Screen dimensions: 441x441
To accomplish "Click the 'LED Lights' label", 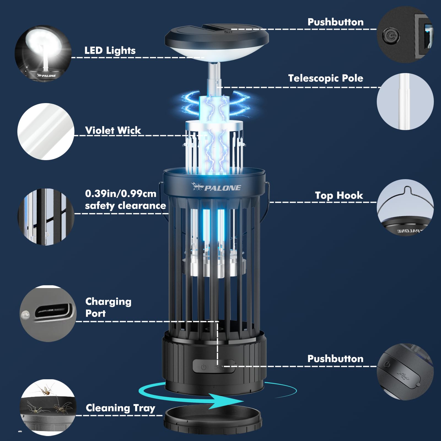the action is click(110, 50).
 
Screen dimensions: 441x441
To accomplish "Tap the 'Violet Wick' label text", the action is click(113, 130).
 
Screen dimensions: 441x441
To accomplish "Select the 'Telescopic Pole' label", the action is click(326, 78).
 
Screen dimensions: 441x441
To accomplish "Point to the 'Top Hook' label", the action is click(339, 195).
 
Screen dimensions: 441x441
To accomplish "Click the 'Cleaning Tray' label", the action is click(120, 408).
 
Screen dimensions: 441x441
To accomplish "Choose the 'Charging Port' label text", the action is click(108, 307).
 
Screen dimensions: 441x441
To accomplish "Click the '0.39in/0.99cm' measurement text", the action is click(121, 193).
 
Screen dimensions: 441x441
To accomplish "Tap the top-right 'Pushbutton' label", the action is click(335, 22).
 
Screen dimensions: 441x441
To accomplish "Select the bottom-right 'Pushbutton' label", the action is click(335, 359).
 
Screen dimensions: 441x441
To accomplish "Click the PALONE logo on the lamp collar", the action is click(216, 187).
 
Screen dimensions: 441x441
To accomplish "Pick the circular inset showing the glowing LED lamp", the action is click(43, 53).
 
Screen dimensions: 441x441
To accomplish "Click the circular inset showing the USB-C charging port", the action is click(48, 314).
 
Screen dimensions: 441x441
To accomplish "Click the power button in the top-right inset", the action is click(390, 36).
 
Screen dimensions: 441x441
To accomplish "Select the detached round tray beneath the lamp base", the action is click(213, 421).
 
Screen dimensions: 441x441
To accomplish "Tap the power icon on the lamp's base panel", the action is click(203, 367).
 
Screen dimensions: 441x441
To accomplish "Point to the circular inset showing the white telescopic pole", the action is click(405, 101).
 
